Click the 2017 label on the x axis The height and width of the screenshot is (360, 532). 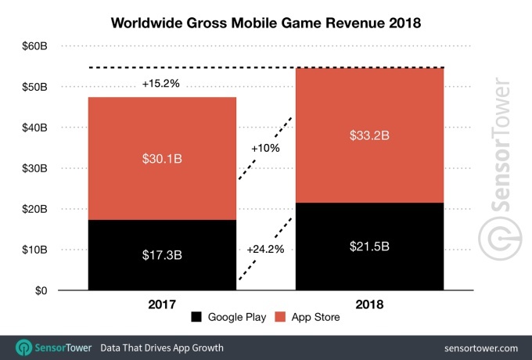[x=162, y=304]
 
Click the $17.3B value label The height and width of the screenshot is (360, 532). [x=162, y=255]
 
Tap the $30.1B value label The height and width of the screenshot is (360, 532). [x=162, y=159]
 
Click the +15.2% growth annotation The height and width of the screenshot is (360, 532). [x=162, y=83]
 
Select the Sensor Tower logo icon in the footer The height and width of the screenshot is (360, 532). [x=24, y=347]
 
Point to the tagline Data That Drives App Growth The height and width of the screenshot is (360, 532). [x=162, y=347]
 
